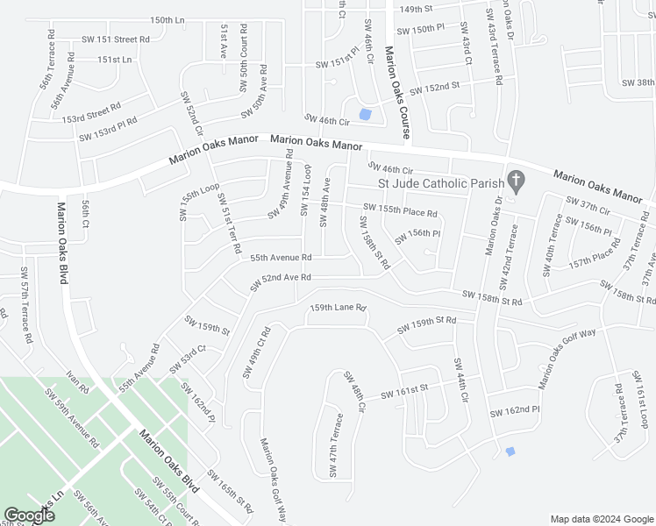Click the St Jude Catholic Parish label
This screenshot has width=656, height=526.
pos(440,183)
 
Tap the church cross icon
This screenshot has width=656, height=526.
pos(517,182)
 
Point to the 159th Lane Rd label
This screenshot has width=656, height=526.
pos(338,309)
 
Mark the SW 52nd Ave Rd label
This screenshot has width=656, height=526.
pos(281,280)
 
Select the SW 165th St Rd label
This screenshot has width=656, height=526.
pos(230,492)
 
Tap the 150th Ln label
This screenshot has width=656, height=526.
pos(168,19)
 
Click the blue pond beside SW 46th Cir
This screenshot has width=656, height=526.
pos(366,114)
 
